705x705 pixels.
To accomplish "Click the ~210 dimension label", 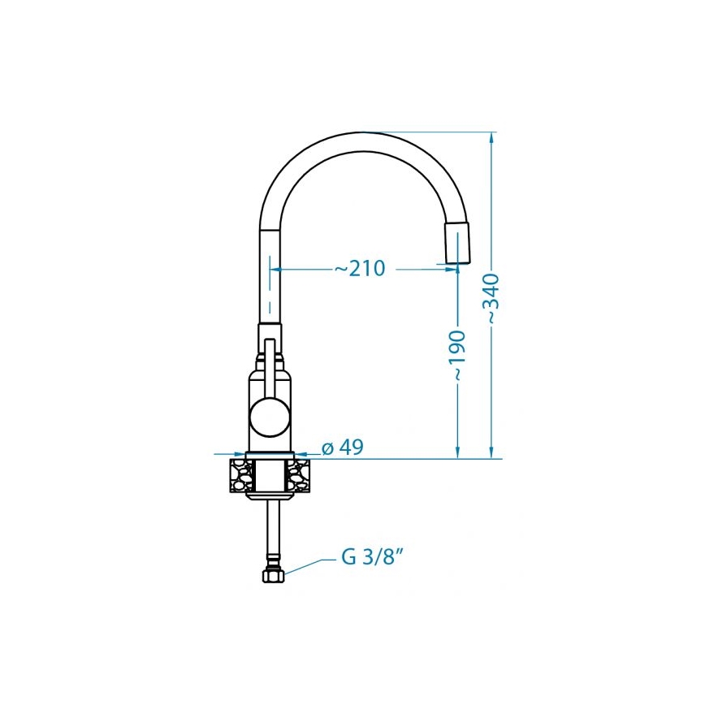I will (x=360, y=268).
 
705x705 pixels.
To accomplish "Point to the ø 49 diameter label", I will (x=342, y=447).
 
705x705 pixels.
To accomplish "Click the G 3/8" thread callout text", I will (x=373, y=559).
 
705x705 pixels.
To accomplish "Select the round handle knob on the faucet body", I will (x=270, y=417).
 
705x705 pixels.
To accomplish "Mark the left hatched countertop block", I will (x=240, y=475).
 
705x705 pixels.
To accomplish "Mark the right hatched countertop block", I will (x=299, y=475).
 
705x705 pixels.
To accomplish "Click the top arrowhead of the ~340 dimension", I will (x=491, y=138).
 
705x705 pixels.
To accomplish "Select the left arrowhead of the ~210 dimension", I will (x=277, y=268).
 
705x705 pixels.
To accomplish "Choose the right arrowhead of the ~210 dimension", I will (x=451, y=268).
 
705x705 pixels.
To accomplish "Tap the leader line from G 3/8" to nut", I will (x=309, y=565).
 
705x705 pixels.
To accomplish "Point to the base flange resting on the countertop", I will (x=270, y=455).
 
